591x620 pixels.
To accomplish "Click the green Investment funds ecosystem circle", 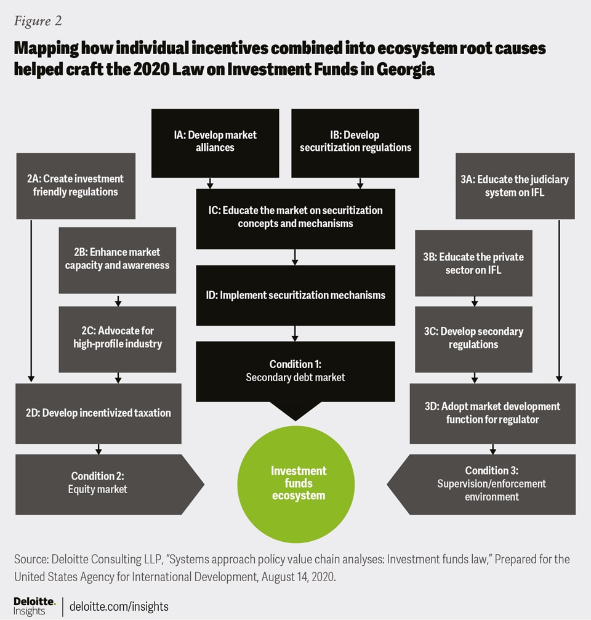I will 299,482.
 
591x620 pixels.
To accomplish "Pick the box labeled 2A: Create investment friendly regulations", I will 76,185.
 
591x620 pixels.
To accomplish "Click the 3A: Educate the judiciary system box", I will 515,185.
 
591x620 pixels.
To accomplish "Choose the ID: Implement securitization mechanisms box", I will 295,295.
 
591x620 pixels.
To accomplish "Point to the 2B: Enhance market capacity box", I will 117,259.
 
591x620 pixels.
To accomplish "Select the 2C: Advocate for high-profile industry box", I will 117,337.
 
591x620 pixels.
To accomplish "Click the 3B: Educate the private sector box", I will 473,263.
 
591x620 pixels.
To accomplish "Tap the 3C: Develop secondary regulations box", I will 473,338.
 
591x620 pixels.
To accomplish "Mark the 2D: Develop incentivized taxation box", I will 98,413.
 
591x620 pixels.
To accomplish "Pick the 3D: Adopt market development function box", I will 492,413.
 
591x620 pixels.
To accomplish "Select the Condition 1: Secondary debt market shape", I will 295,371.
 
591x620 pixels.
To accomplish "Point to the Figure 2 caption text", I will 38,21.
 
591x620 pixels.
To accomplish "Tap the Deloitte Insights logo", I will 34,605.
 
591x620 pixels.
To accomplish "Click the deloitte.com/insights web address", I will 119,606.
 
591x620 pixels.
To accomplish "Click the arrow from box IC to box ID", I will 295,257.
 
